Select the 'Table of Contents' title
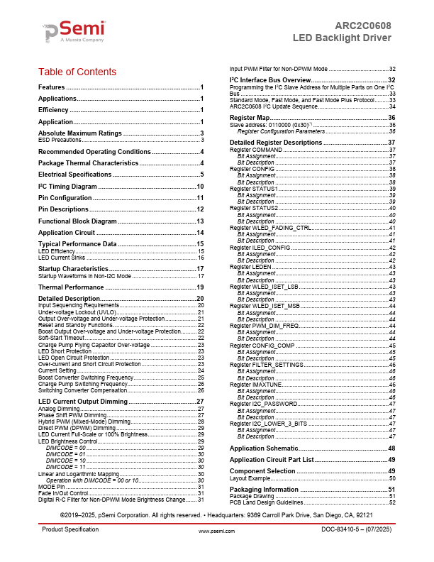[x=77, y=72]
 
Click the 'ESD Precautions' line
[x=60, y=140]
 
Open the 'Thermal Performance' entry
[x=71, y=287]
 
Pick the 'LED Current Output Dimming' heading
[x=87, y=402]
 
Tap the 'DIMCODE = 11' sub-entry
[x=66, y=468]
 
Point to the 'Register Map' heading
[x=250, y=117]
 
